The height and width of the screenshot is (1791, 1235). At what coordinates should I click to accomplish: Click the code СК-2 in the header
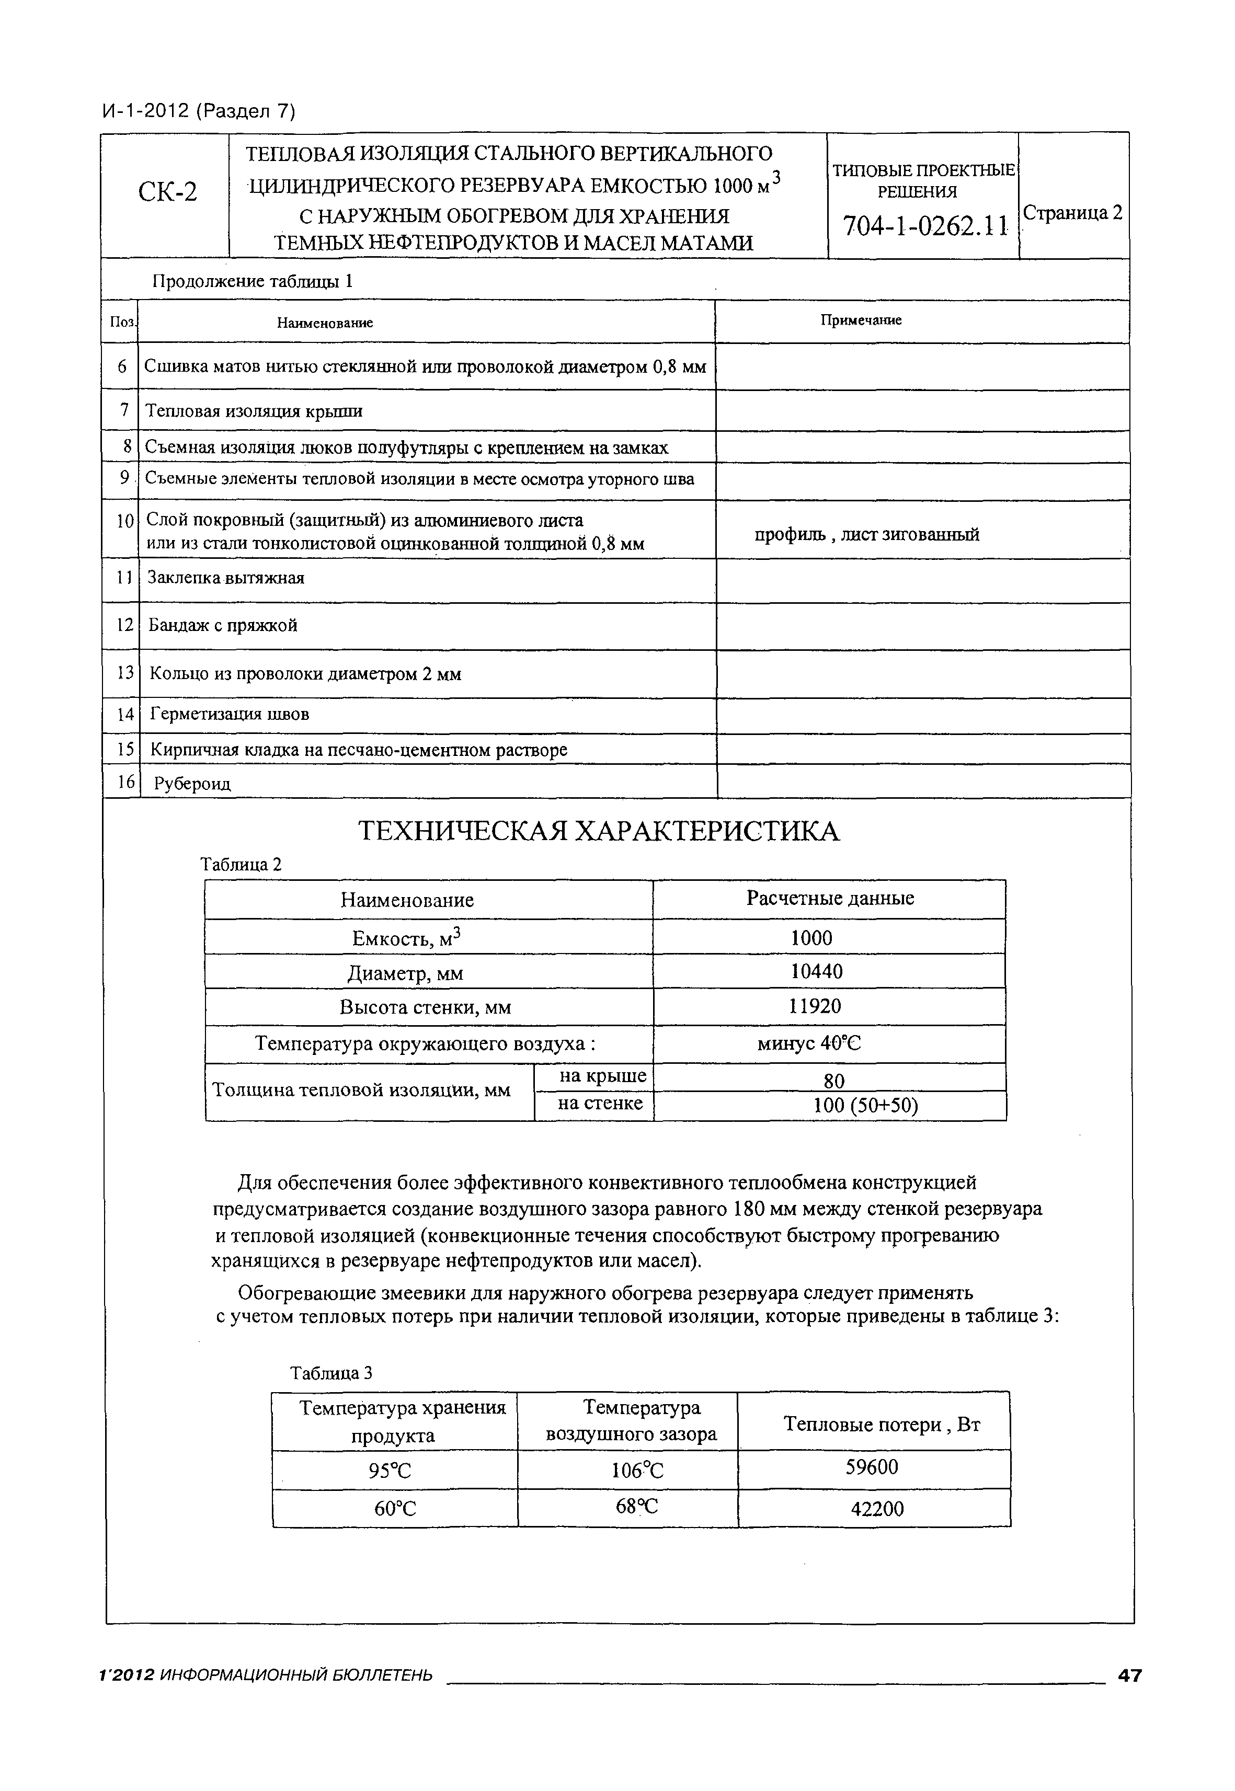(167, 191)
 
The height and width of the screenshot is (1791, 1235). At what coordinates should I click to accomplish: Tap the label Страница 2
(1072, 213)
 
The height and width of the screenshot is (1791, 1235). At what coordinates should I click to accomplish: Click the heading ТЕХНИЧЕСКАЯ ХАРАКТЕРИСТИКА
(598, 832)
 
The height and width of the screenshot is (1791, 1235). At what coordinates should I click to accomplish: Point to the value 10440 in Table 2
(816, 972)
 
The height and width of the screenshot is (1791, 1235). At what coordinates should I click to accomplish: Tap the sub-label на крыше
(602, 1076)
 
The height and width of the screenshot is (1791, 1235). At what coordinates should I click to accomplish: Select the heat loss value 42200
(877, 1509)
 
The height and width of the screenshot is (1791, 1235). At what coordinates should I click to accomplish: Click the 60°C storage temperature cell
(395, 1509)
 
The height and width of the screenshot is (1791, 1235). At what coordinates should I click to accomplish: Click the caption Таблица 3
(331, 1373)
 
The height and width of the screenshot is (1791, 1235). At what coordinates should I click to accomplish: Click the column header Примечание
(861, 320)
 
